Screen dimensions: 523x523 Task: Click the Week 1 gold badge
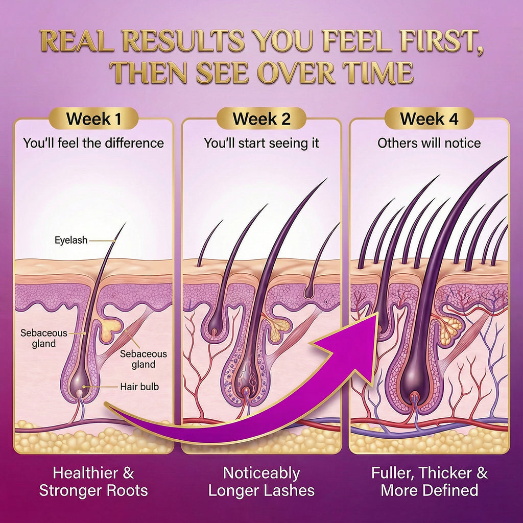click(x=94, y=118)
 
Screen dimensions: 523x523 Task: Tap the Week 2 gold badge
click(x=261, y=118)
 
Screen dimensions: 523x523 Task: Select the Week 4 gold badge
click(x=429, y=118)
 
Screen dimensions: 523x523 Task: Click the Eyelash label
click(x=71, y=240)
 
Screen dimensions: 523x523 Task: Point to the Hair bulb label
click(x=139, y=387)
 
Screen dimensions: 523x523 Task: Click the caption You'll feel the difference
click(x=94, y=143)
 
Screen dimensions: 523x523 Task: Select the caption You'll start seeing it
click(x=261, y=143)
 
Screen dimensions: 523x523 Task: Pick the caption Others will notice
click(x=429, y=143)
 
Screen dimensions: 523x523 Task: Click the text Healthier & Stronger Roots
click(x=93, y=482)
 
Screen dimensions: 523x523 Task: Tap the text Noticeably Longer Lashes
click(x=261, y=482)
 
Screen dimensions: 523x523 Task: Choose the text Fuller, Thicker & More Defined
click(x=430, y=482)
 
